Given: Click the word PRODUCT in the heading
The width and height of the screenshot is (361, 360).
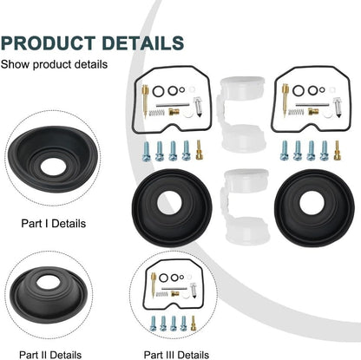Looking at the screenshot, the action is tap(48, 43).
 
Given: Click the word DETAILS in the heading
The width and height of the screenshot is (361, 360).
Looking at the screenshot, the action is tap(143, 43).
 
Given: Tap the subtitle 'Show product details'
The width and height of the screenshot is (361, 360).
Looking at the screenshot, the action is tap(54, 64).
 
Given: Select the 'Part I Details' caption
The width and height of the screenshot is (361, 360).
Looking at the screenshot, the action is tap(54, 224).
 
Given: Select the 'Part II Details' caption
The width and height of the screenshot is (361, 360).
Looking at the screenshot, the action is tap(50, 355).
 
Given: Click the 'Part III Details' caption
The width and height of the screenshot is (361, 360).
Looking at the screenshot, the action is tap(176, 355).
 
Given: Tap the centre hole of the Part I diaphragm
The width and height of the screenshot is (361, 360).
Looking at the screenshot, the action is tap(53, 167).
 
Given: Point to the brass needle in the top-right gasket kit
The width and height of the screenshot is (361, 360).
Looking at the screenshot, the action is tap(286, 99).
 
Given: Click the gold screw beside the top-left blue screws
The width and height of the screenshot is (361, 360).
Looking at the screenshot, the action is tap(199, 150).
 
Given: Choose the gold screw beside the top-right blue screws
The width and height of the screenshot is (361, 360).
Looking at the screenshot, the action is tap(337, 150).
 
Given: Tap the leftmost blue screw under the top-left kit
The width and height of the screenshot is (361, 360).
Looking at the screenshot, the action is tap(147, 151).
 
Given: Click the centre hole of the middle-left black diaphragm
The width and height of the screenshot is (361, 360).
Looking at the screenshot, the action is tap(169, 203).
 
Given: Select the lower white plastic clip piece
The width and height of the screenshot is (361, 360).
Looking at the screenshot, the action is tap(246, 206).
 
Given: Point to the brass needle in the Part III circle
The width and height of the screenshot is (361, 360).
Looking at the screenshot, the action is tap(154, 285).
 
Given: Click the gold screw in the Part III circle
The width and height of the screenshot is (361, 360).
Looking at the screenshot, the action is tap(193, 324).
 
